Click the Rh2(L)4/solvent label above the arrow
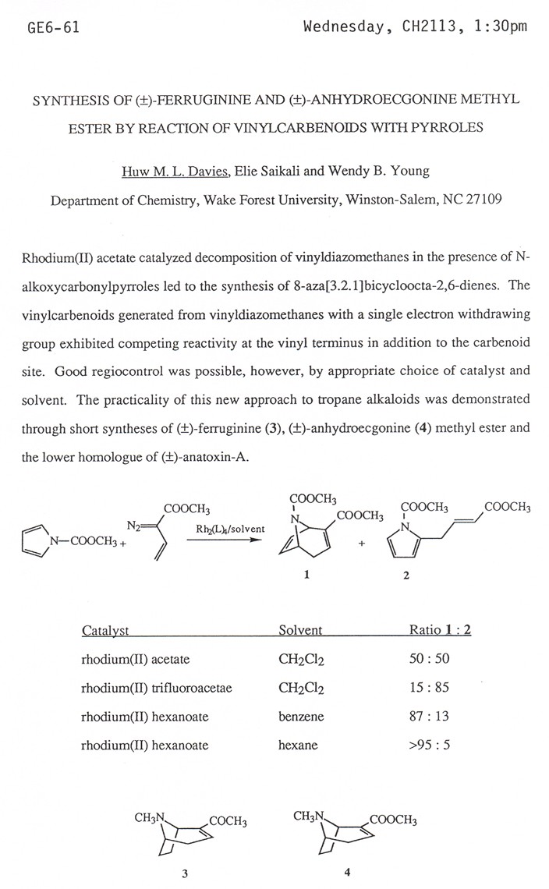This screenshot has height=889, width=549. click(x=230, y=529)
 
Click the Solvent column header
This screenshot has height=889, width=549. click(x=300, y=631)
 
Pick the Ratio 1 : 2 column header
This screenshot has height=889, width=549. click(x=440, y=631)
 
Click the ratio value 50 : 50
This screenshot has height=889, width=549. click(x=430, y=659)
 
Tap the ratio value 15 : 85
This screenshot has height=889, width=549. click(x=430, y=688)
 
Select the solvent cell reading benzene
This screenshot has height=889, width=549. click(x=301, y=716)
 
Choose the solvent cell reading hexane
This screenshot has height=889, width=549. click(x=298, y=745)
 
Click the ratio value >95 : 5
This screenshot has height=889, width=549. click(x=430, y=745)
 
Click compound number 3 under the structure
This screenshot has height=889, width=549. click(x=185, y=873)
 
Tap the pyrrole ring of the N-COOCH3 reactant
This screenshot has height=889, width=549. click(x=33, y=543)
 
